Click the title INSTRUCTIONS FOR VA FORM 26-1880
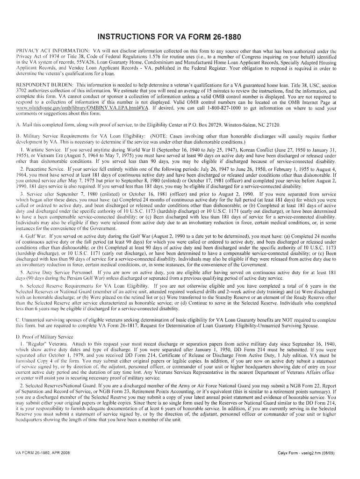(180, 36)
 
